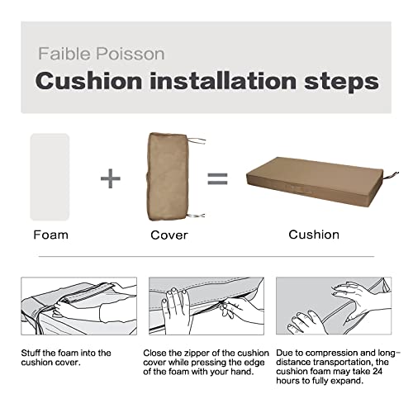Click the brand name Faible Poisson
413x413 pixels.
coord(102,55)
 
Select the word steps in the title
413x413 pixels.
coord(338,82)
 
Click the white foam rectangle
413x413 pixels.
coord(50,177)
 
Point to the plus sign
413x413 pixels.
coord(110,178)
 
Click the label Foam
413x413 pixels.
coord(50,235)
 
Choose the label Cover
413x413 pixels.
coord(169,235)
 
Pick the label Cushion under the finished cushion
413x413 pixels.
coord(314,235)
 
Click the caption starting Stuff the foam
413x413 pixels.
coord(66,358)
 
